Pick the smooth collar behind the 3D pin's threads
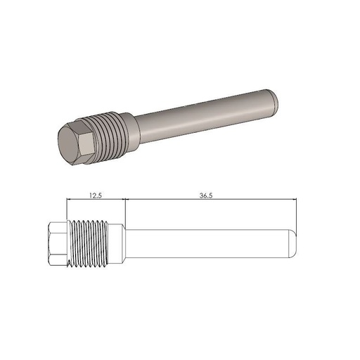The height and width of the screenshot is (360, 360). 131,124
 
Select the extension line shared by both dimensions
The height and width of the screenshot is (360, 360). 124,211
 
